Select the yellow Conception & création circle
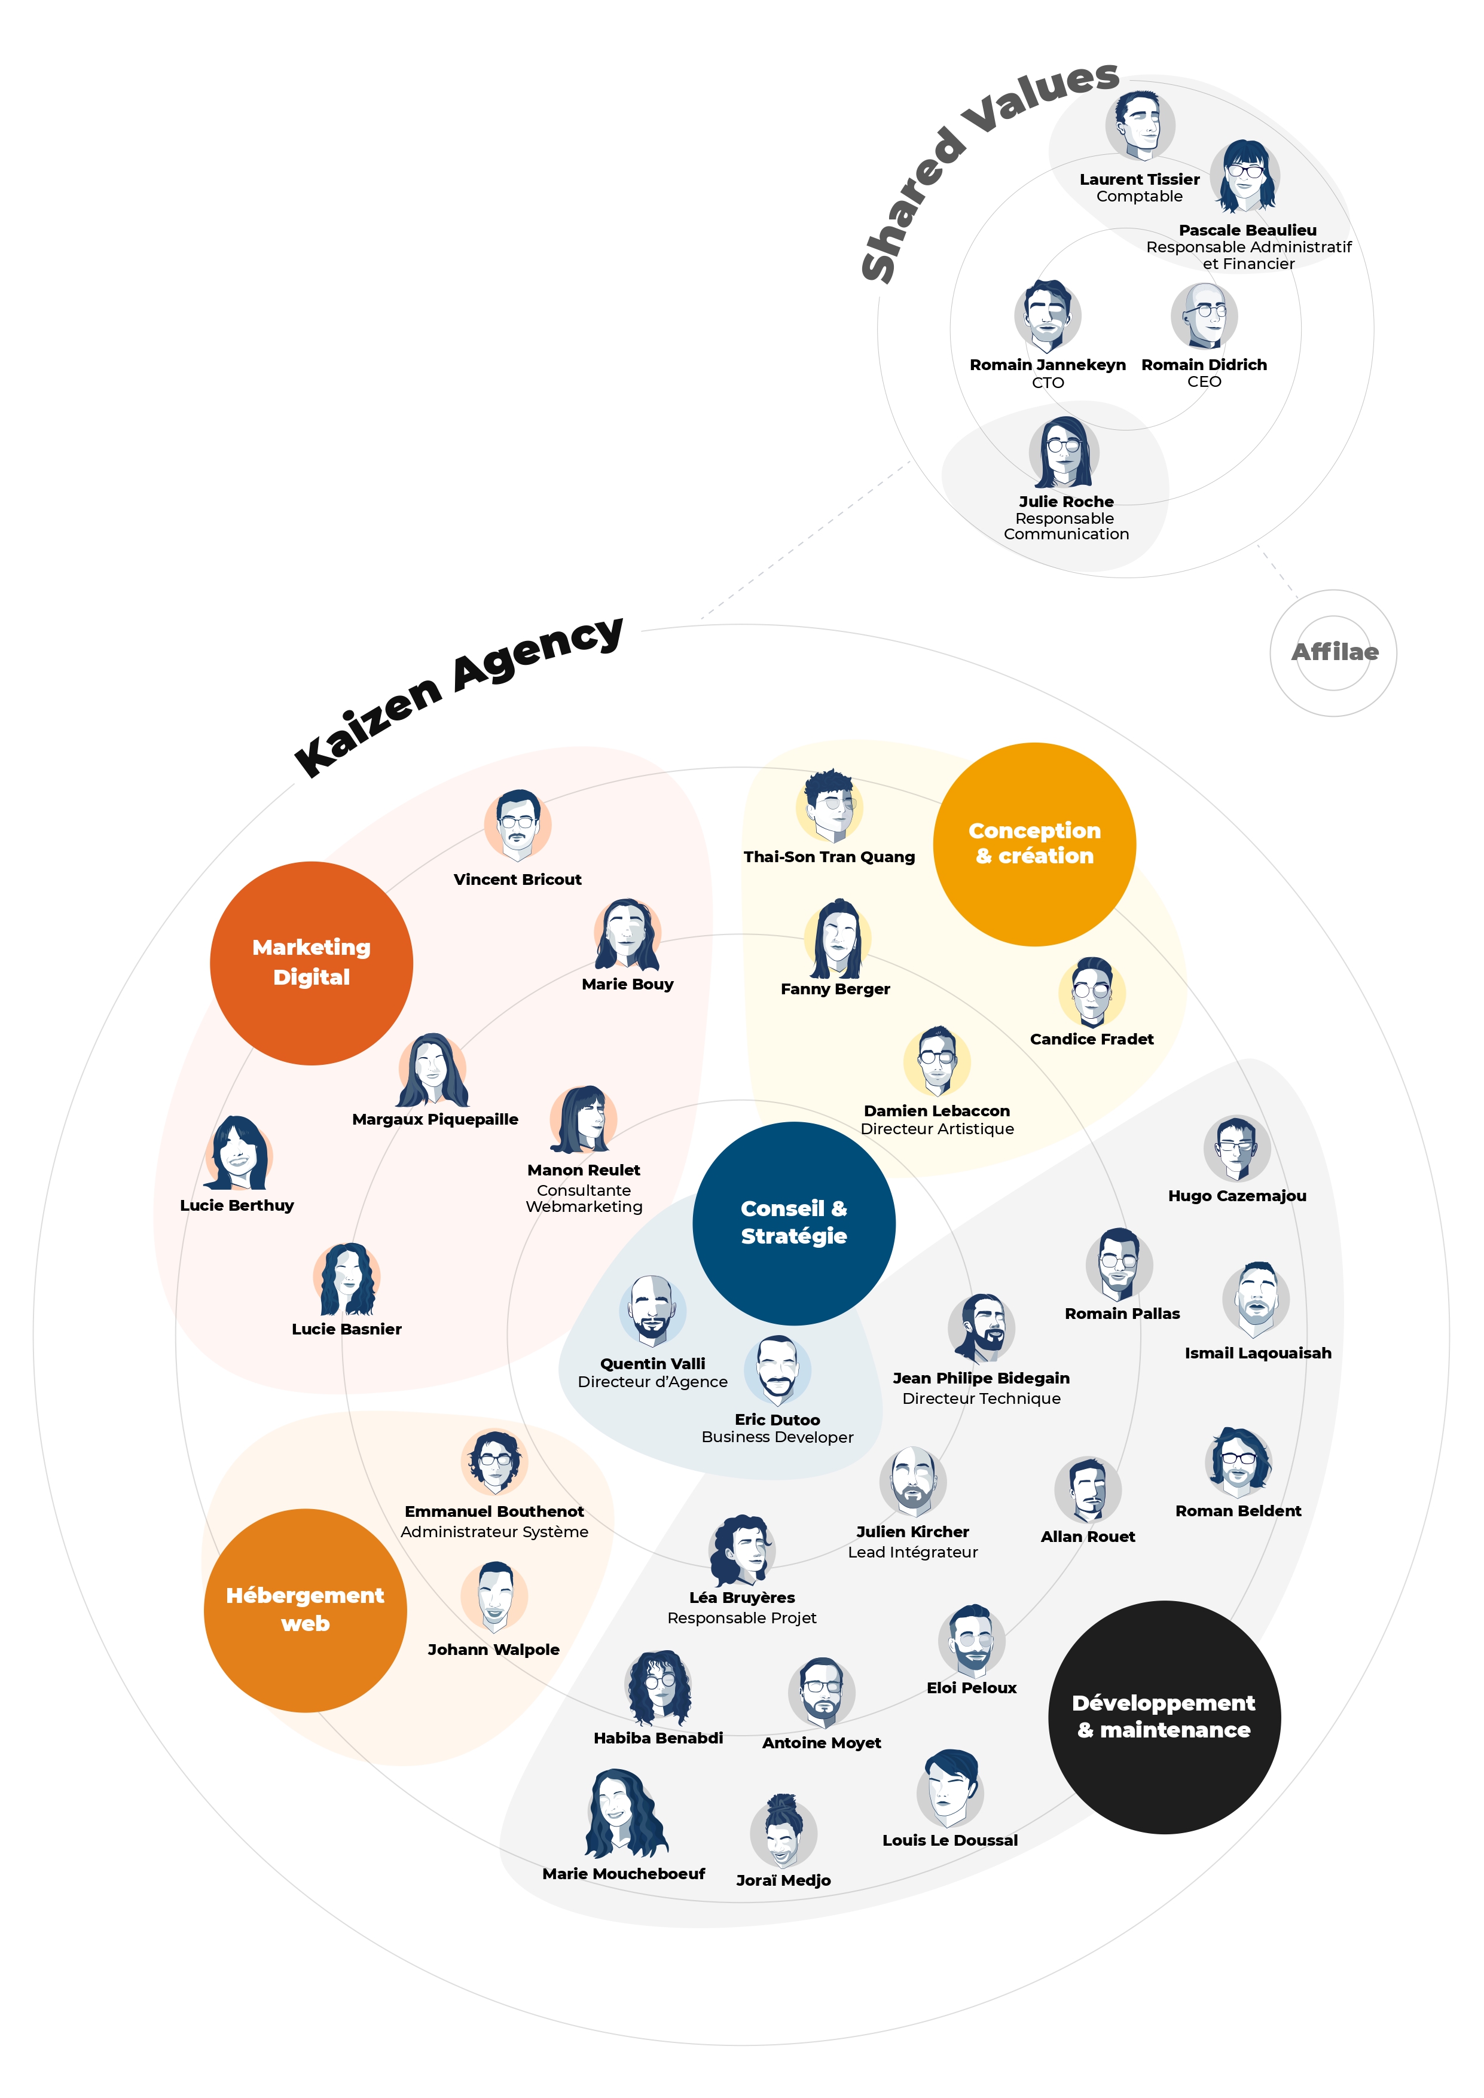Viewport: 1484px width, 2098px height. [x=1034, y=844]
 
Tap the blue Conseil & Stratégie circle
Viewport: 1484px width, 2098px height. [x=793, y=1223]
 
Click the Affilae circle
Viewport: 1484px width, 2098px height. [x=1333, y=652]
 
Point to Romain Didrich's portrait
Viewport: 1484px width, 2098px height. [x=1204, y=315]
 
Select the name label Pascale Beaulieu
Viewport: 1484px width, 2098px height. [x=1247, y=230]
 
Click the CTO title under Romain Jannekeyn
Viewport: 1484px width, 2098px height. [x=1047, y=383]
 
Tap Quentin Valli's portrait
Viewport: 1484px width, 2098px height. [x=652, y=1309]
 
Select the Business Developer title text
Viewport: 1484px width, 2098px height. [x=777, y=1437]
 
